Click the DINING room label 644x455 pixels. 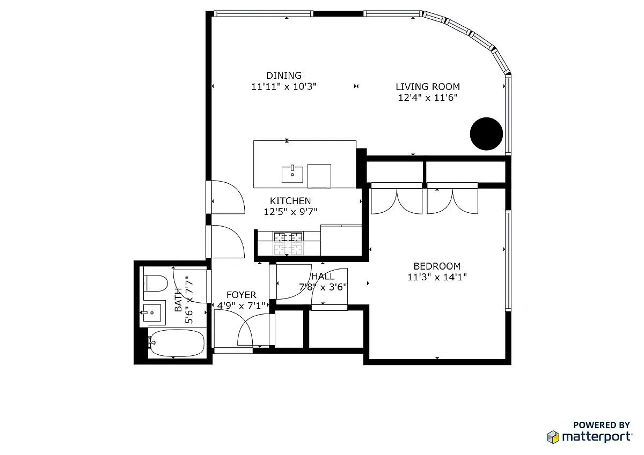284,76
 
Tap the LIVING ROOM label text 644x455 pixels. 428,87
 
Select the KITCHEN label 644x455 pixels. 290,200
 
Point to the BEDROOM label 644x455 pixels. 437,266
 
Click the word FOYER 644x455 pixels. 241,295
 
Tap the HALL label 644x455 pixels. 323,276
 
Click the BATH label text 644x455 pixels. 178,300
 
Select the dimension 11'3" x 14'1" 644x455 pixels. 437,277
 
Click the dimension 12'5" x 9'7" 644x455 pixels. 290,212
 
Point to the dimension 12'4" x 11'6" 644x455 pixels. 428,98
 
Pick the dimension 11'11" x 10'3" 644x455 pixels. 284,86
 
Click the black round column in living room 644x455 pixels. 486,134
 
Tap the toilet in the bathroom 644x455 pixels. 156,283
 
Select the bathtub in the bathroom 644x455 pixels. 176,343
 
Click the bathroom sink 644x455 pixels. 152,312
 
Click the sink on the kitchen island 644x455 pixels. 292,174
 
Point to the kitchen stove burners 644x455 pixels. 288,244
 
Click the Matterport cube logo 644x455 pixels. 553,437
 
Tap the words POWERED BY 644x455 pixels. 602,425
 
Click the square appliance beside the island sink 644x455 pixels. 319,176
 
